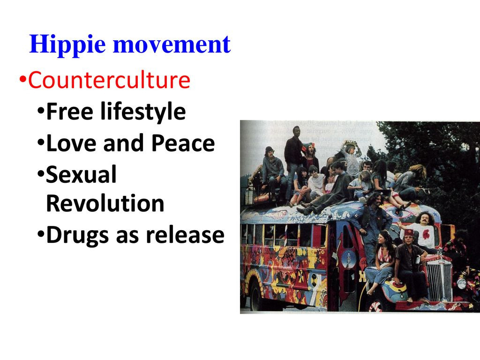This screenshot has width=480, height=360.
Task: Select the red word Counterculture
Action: pyautogui.click(x=109, y=80)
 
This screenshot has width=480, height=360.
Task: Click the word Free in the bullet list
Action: pyautogui.click(x=69, y=111)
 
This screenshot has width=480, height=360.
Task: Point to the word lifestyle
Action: pyautogui.click(x=143, y=112)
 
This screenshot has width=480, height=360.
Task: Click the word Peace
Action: pyautogui.click(x=183, y=143)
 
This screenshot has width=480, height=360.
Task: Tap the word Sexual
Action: pyautogui.click(x=82, y=174)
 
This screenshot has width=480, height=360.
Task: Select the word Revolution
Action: pyautogui.click(x=105, y=203)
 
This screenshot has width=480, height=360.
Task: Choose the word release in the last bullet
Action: pyautogui.click(x=185, y=235)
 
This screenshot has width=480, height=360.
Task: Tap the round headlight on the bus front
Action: pyautogui.click(x=462, y=284)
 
